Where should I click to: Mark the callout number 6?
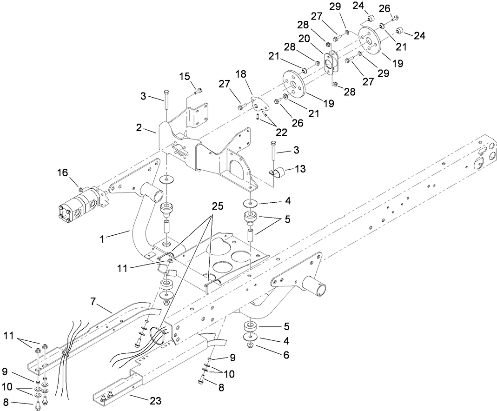tap(285, 355)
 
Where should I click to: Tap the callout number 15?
tap(185, 75)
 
